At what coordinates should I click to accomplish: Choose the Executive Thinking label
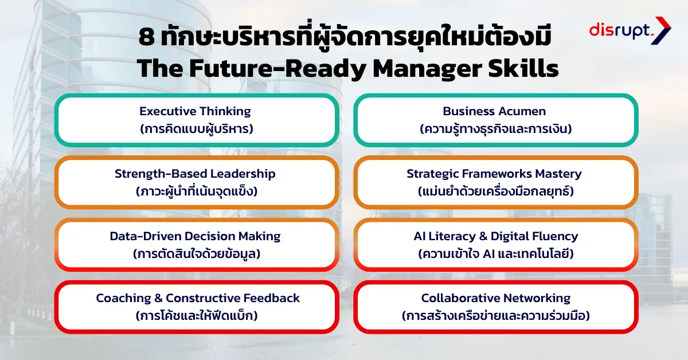point(195,111)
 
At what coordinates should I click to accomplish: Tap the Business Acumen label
point(494,111)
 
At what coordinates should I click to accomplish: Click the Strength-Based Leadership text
point(195,174)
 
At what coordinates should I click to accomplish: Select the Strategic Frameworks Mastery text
point(494,174)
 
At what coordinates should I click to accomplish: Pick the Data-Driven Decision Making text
point(195,236)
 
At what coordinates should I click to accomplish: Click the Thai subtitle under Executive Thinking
point(196,128)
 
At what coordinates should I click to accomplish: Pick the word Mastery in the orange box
point(558,174)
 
